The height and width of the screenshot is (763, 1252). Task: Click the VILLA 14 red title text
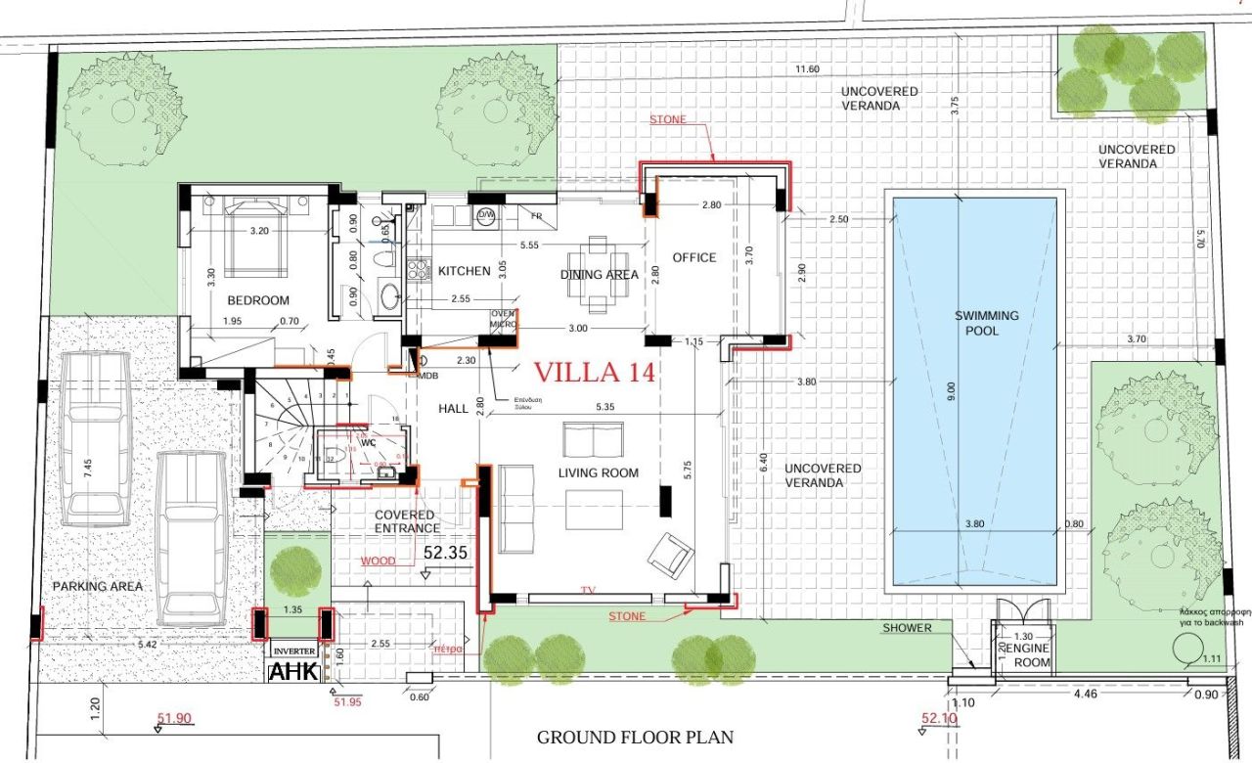pos(594,373)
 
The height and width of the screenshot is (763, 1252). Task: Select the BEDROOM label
pos(258,300)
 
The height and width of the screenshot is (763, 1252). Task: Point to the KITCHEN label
pos(464,271)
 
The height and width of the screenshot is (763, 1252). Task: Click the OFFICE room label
pos(694,258)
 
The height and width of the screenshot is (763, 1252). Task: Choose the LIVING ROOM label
pos(598,473)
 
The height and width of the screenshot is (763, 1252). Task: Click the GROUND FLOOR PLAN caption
pos(635,738)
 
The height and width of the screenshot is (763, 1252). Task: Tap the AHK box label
pos(292,672)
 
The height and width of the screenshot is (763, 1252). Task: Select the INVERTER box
pos(294,651)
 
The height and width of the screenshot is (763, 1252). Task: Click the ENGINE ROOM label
pos(1031,655)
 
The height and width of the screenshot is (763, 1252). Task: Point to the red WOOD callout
pos(379,561)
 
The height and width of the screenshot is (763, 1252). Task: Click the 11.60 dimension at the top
pos(808,69)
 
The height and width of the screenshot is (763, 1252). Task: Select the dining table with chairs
pos(597,275)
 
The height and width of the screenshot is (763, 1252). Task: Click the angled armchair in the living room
pos(671,556)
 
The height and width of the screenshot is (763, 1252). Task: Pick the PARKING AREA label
pos(98,586)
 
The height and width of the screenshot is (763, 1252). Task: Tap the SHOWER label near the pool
pos(908,628)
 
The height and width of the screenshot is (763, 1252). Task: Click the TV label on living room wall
pos(588,591)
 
